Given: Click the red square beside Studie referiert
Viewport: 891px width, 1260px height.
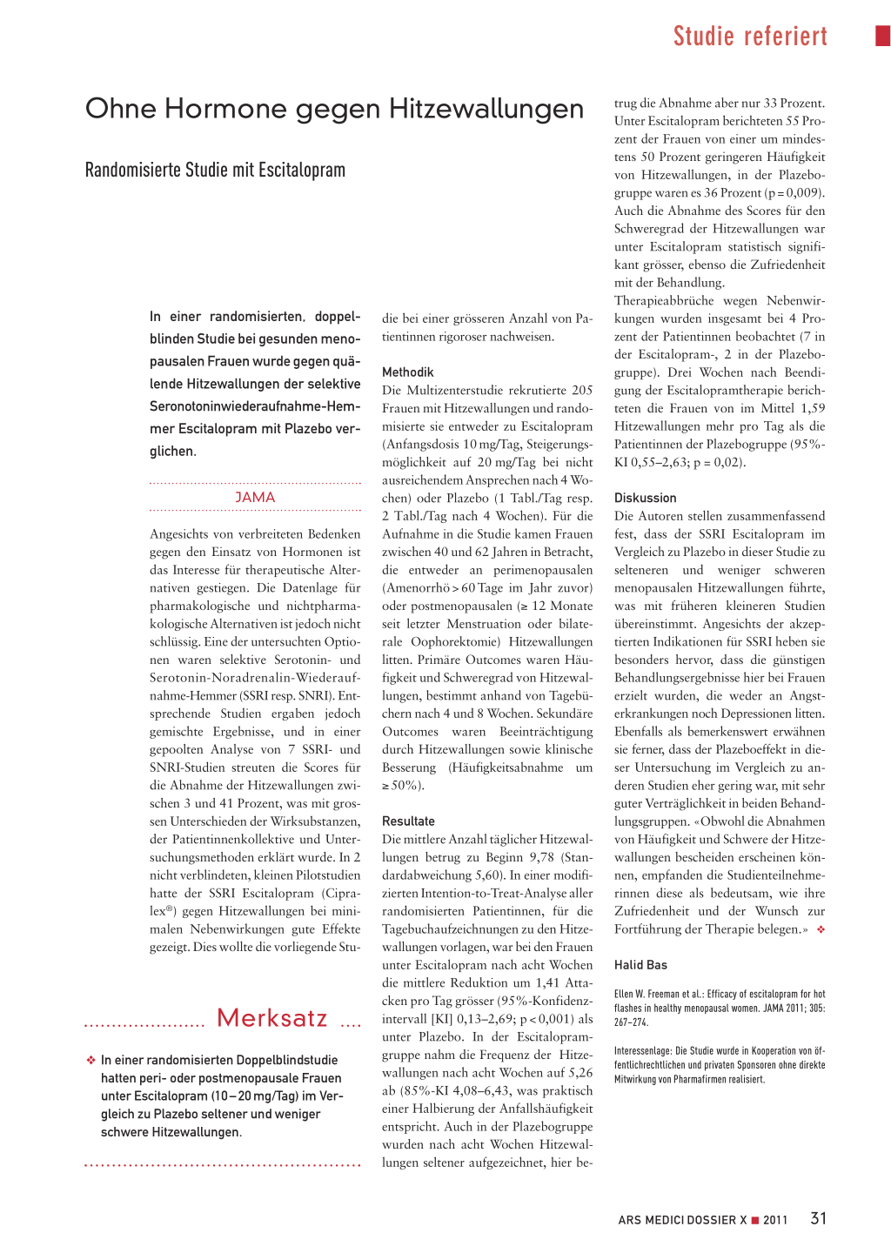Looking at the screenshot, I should pos(882,36).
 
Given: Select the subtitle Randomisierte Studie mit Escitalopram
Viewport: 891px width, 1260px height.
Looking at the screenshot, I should pos(215,170).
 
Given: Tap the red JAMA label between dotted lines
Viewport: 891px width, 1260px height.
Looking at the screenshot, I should pos(255,497).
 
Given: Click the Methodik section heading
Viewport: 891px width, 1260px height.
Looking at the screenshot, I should pos(407,372).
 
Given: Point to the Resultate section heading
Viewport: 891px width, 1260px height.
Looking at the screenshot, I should pos(408,821).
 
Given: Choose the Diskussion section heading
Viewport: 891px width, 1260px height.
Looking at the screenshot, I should pos(645,498).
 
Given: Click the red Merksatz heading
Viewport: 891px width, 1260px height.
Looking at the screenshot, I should pos(271,1018).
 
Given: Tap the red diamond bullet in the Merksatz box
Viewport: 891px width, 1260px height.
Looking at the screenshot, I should pos(90,1060).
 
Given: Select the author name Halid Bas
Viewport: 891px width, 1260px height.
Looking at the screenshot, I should pos(640,964).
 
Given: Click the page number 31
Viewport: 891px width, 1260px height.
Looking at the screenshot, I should pos(818,1218).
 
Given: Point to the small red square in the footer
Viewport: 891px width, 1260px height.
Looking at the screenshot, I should pos(755,1220).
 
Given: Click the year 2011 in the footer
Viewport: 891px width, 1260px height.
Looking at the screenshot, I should pos(775,1220).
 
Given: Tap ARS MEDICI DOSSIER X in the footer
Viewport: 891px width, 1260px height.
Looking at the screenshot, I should pos(682,1220).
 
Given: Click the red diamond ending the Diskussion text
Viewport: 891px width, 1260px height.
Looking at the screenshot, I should pos(821,929).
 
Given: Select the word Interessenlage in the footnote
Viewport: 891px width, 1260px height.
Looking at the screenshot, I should pos(642,1050).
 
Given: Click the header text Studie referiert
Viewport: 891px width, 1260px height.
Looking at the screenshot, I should pos(750,36).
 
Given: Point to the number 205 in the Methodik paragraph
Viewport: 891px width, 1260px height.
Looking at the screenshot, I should pos(582,390).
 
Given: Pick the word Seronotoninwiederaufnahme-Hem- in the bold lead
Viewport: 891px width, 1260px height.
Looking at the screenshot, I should pos(255,406).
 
